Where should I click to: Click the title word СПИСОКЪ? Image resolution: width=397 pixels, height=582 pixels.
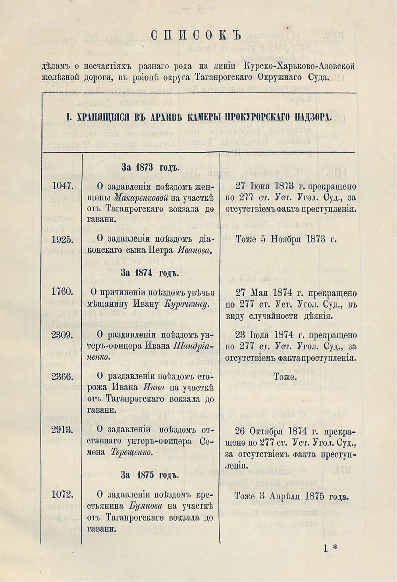click(196, 35)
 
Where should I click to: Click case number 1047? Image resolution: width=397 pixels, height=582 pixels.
click(63, 186)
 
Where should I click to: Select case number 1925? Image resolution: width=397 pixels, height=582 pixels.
click(63, 239)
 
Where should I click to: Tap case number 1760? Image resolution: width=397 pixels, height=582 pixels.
click(63, 291)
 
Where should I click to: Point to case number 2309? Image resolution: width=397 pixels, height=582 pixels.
click(63, 335)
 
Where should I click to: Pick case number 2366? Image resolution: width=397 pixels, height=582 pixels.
click(63, 376)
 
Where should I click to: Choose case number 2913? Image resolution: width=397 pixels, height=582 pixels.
click(63, 429)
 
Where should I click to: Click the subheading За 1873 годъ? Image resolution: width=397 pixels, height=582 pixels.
click(150, 167)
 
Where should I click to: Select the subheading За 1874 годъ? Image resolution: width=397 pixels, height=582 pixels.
click(150, 273)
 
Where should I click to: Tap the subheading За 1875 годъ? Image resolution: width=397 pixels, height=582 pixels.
click(150, 475)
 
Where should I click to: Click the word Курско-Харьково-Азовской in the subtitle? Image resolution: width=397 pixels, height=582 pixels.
click(299, 66)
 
